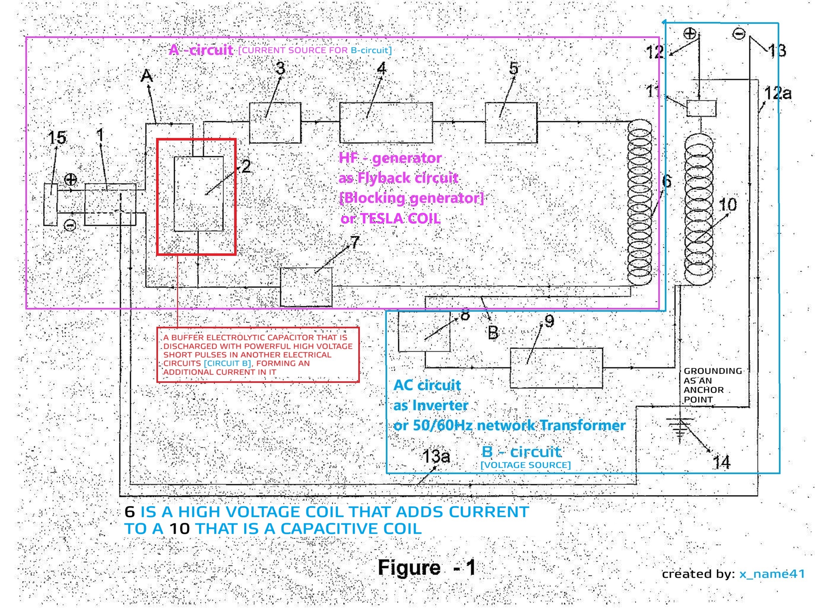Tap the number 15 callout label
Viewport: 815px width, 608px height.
tap(57, 138)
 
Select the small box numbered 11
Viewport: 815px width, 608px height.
tap(701, 108)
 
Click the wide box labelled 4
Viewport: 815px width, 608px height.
tap(386, 123)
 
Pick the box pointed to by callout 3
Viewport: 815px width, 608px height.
tap(275, 123)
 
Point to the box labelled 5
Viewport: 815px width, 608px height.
tap(511, 123)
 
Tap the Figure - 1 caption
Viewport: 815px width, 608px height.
tap(426, 567)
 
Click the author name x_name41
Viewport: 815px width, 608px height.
tap(772, 574)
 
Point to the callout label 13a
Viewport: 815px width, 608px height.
tap(436, 456)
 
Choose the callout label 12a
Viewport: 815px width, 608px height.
tap(777, 93)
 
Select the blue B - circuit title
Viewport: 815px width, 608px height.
tap(521, 452)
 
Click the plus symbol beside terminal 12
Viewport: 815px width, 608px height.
tap(690, 34)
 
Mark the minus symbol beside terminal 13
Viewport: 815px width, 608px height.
tap(739, 34)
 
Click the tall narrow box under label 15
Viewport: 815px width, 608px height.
tap(50, 204)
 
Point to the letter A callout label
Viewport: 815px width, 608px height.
tap(147, 76)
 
